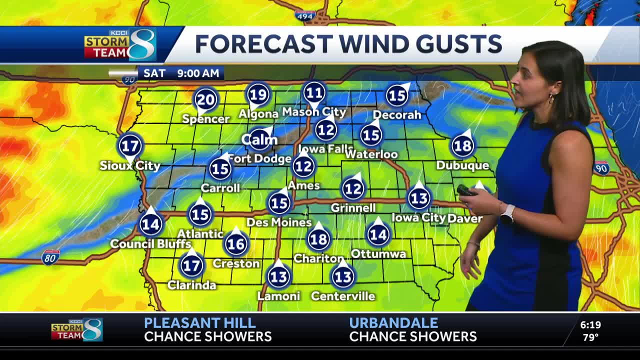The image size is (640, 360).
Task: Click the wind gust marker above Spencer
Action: tap(206, 99)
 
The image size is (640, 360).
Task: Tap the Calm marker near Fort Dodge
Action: tap(259, 140)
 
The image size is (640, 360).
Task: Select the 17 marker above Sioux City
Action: tap(130, 146)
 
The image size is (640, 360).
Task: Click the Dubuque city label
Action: tap(462, 165)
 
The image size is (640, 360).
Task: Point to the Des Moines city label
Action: tap(279, 222)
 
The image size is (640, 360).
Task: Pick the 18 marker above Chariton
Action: tap(318, 239)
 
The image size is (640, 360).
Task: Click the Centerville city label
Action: tap(342, 296)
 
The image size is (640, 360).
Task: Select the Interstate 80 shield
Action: tap(50, 257)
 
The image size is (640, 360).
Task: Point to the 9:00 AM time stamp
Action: tap(198, 73)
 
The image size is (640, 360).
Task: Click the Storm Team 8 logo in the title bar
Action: tap(120, 45)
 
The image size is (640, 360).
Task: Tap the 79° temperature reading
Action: tap(590, 337)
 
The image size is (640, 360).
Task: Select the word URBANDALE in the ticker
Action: tap(393, 323)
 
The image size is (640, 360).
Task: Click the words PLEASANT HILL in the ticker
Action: tap(199, 323)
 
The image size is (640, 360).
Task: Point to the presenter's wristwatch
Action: tap(507, 214)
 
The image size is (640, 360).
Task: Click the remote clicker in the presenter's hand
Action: tap(466, 190)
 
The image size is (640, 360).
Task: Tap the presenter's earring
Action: tap(551, 98)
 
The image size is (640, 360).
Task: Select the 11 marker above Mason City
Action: tap(314, 93)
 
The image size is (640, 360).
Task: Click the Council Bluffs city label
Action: tap(150, 244)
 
